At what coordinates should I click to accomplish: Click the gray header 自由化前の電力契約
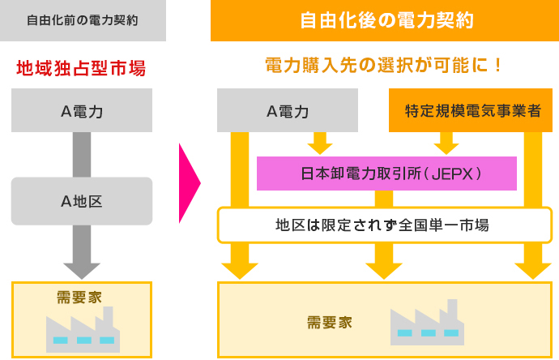click(83, 20)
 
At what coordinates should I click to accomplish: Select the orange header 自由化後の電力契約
click(385, 20)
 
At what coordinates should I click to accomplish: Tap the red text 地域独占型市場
click(81, 68)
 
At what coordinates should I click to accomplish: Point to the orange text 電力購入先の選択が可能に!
click(383, 66)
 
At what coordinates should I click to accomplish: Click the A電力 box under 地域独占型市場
click(82, 110)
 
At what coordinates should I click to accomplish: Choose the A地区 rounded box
click(82, 201)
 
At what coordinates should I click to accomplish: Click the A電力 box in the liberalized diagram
click(288, 110)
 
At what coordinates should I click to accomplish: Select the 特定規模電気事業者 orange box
click(471, 110)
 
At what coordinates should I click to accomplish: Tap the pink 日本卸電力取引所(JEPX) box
click(386, 174)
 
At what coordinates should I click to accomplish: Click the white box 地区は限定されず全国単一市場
click(385, 225)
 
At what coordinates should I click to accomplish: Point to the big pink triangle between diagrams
click(189, 183)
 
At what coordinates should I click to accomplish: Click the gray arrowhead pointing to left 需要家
click(82, 271)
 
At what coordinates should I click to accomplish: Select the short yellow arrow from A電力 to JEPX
click(320, 144)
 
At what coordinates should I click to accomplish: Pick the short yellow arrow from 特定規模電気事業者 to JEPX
click(446, 144)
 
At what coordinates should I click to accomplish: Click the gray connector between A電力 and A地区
click(82, 155)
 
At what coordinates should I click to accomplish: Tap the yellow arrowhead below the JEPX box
click(384, 271)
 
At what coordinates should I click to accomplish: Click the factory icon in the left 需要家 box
click(83, 330)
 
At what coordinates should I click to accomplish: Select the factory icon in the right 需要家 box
click(427, 322)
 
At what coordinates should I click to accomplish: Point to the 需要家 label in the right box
click(330, 323)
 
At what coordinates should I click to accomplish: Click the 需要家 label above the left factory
click(79, 298)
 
